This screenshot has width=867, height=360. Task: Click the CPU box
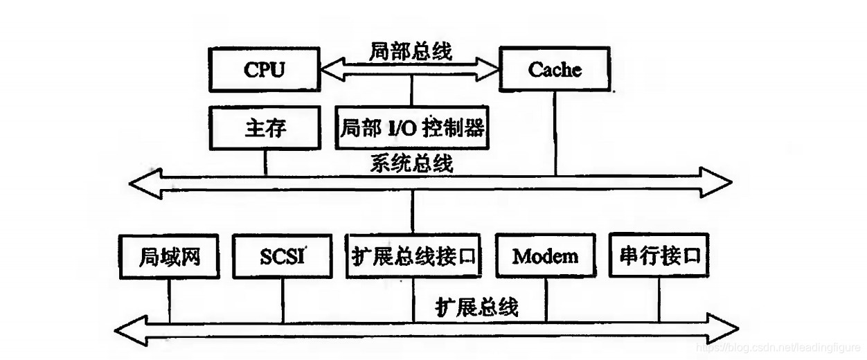click(x=264, y=70)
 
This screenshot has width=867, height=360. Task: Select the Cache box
click(x=555, y=70)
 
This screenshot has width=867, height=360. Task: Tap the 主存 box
click(x=265, y=127)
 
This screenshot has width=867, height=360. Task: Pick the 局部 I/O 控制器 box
click(x=412, y=127)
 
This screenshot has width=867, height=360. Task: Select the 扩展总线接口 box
click(x=413, y=256)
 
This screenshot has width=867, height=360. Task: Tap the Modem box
click(x=545, y=256)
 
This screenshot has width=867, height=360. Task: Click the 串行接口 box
click(x=657, y=256)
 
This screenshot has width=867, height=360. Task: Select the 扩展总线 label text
click(x=477, y=306)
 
